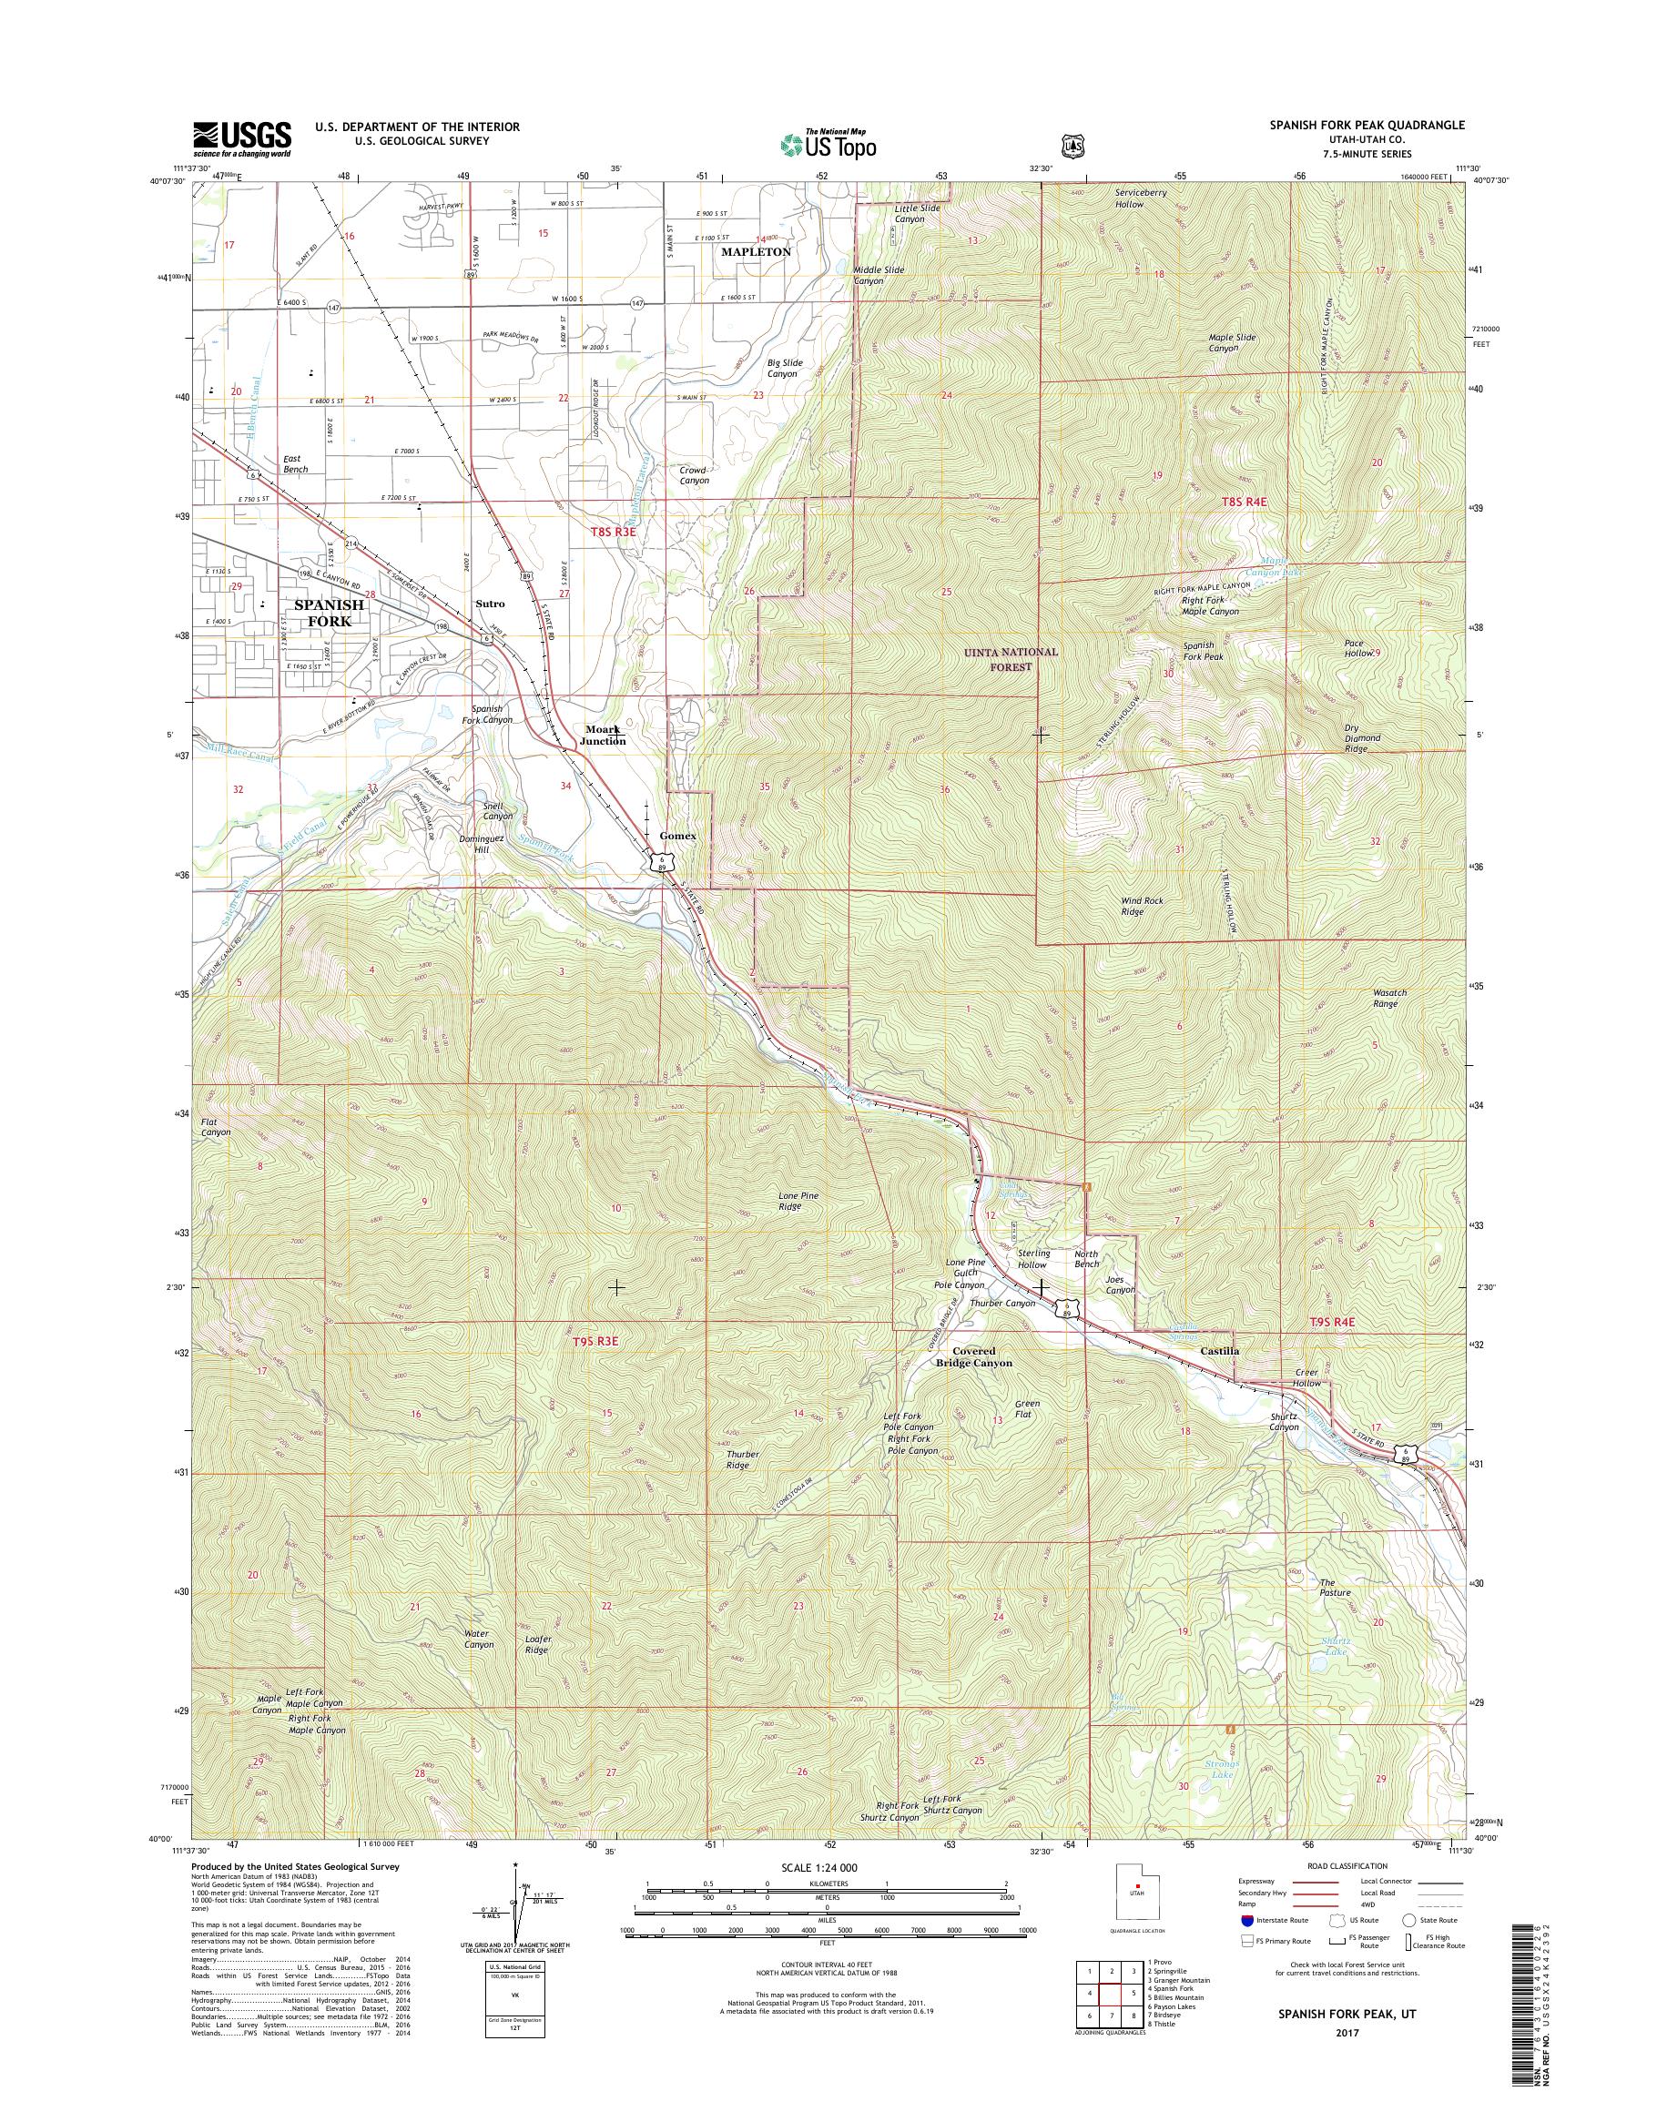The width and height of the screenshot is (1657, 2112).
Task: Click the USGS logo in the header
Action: pos(241,139)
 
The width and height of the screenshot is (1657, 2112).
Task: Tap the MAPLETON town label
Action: pos(755,251)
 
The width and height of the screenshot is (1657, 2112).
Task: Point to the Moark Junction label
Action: pos(603,735)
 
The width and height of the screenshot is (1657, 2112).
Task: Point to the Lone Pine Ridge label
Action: pos(798,1201)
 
